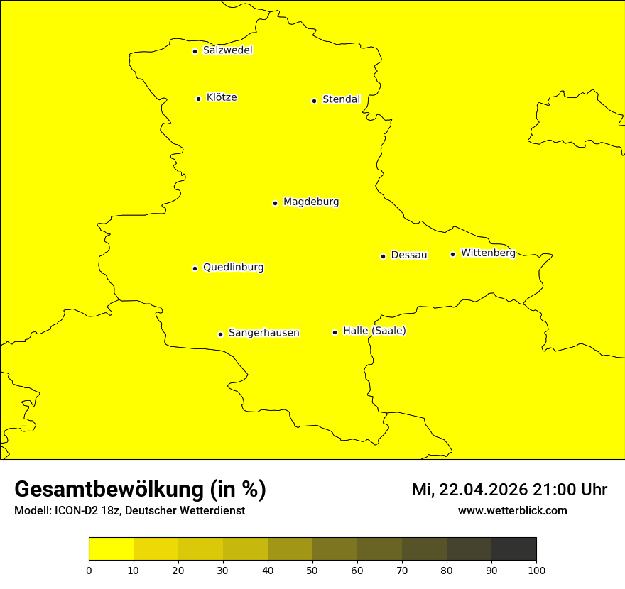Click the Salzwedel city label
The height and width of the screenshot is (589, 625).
(227, 50)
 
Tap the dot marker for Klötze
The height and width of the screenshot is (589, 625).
(198, 99)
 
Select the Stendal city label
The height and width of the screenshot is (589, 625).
(341, 99)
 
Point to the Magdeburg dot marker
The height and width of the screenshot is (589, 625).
(275, 203)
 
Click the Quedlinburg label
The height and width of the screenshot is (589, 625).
(233, 268)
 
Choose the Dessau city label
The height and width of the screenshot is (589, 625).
(409, 255)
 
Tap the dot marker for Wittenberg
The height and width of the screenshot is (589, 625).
(452, 254)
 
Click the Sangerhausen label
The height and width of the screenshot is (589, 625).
(263, 333)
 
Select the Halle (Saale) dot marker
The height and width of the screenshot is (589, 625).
(335, 332)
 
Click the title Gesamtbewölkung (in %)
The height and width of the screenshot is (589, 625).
(140, 489)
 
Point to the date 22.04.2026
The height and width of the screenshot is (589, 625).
(483, 490)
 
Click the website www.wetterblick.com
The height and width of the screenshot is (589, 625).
(512, 510)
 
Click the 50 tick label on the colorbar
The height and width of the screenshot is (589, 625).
(312, 570)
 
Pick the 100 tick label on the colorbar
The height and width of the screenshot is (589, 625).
(536, 570)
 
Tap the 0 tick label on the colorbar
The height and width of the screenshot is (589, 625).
(89, 570)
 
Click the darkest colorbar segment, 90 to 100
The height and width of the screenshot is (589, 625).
(513, 549)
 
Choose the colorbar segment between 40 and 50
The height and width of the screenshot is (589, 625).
(290, 549)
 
